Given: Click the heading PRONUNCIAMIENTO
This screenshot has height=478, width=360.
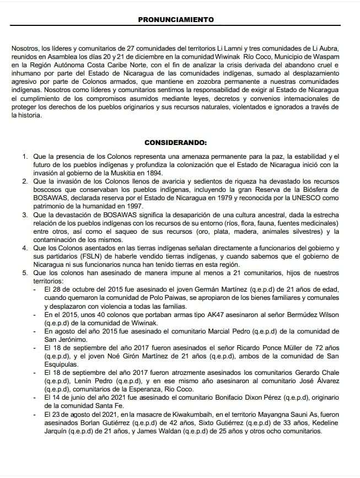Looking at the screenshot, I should click(x=176, y=19).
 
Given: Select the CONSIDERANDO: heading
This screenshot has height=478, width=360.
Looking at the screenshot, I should click(x=176, y=142).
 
